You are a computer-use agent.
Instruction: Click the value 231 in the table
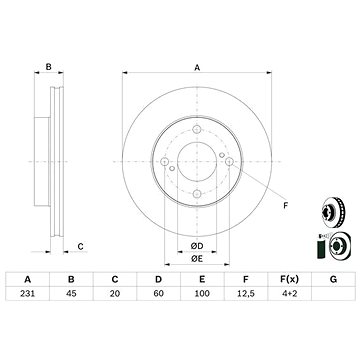[x=28, y=294]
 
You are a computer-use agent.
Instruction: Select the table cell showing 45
[x=71, y=294]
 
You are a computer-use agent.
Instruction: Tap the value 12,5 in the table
[x=245, y=294]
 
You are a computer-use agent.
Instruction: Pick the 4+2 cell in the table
[x=289, y=294]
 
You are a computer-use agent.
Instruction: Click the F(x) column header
[x=289, y=280]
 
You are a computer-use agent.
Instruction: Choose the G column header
[x=333, y=280]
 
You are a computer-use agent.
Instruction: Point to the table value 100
[x=202, y=294]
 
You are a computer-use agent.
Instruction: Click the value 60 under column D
[x=158, y=294]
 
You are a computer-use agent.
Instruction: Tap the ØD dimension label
[x=197, y=246]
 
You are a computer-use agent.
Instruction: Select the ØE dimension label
[x=197, y=259]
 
